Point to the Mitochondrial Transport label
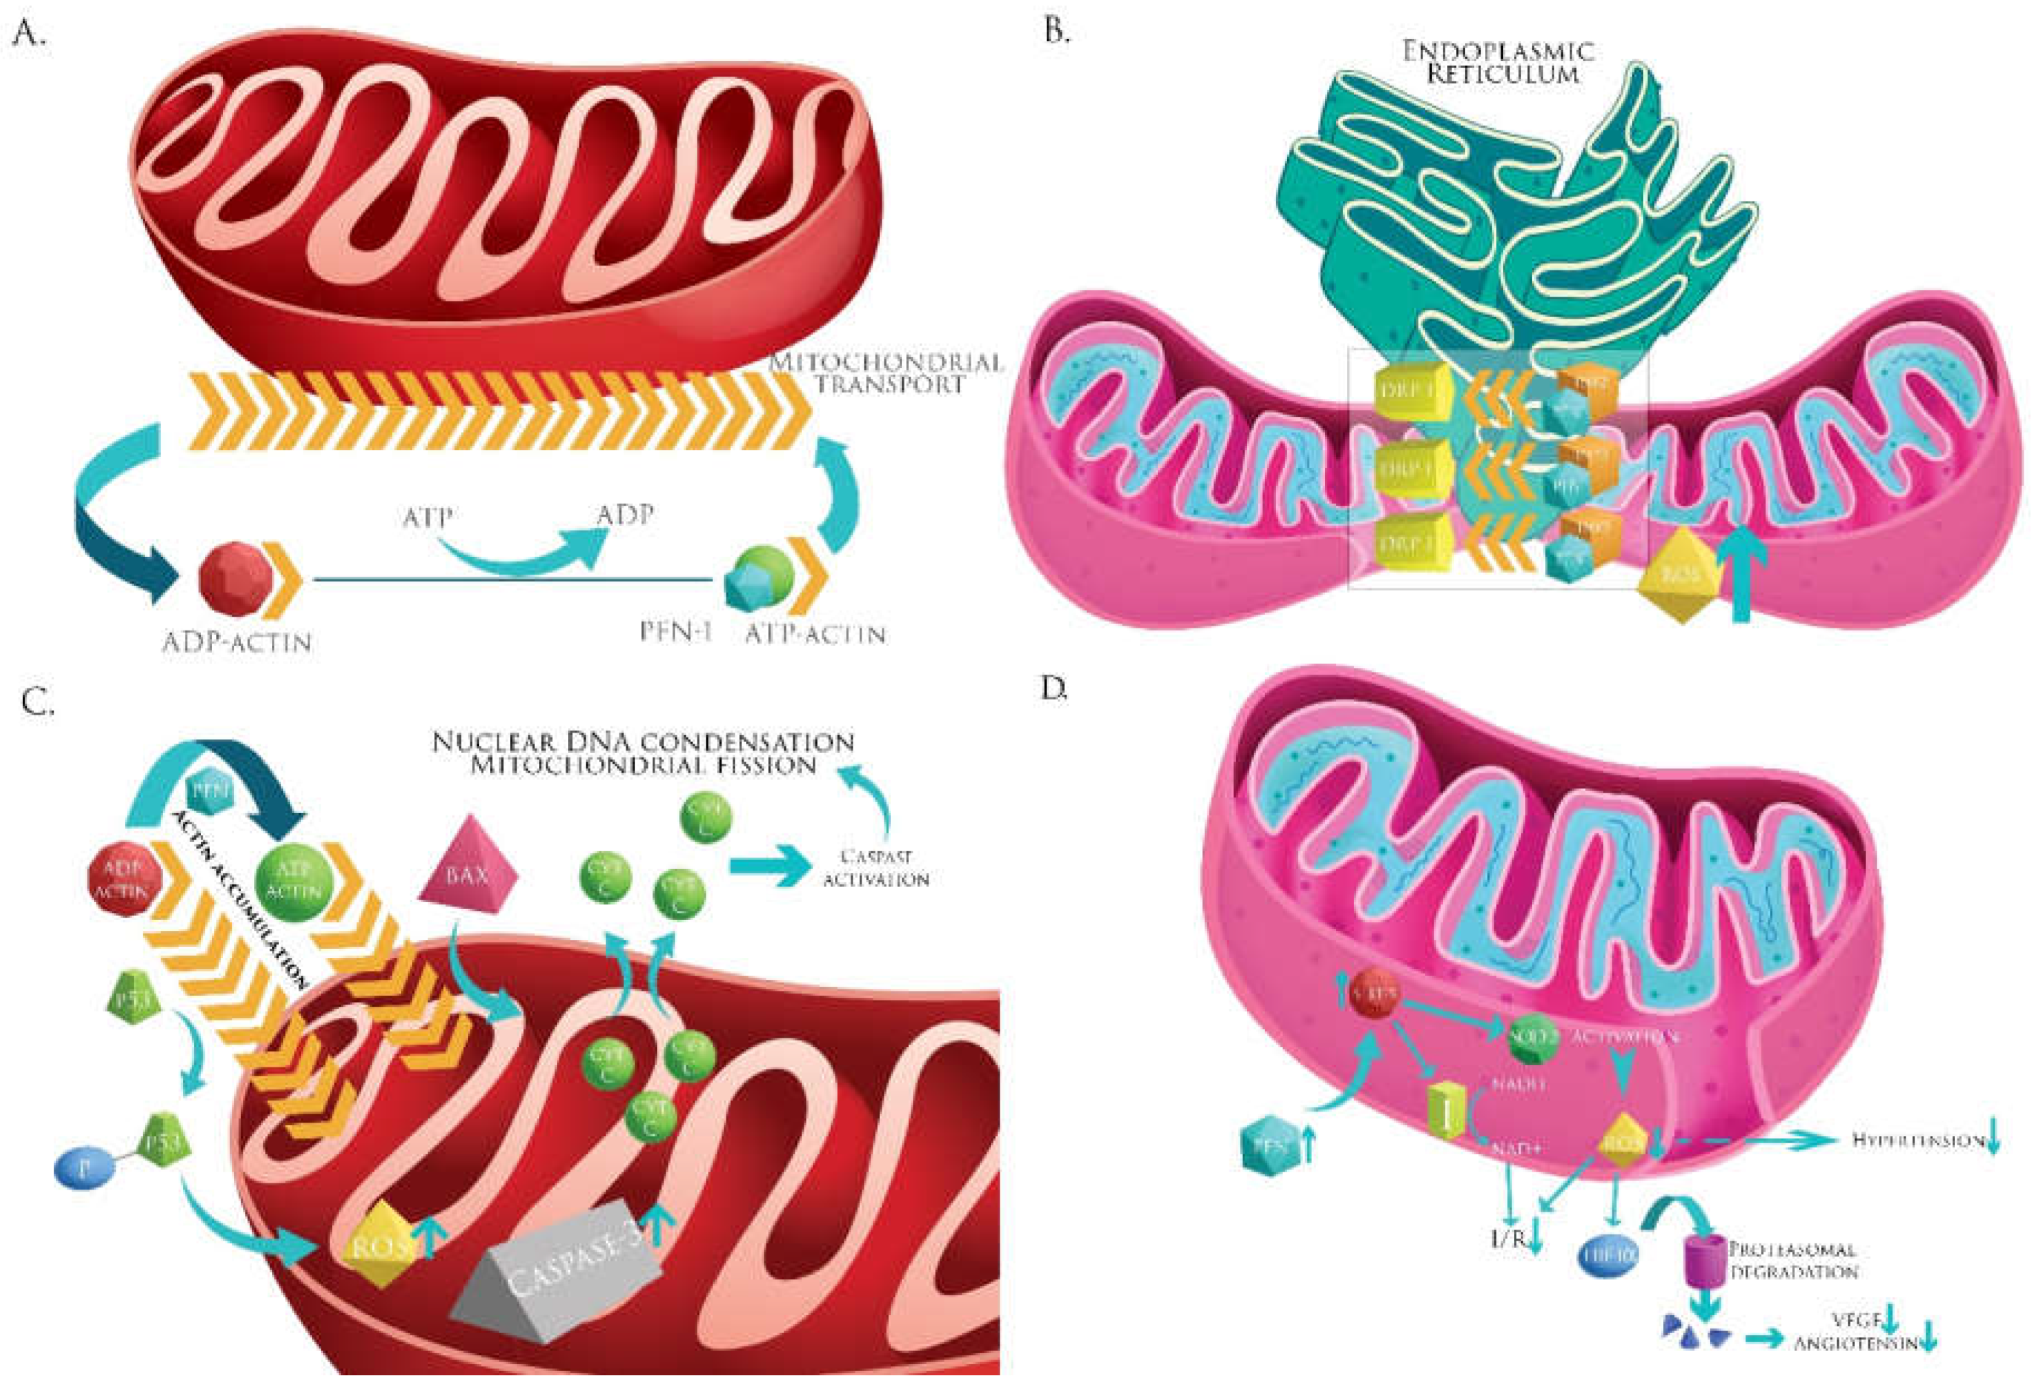pyautogui.click(x=886, y=373)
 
